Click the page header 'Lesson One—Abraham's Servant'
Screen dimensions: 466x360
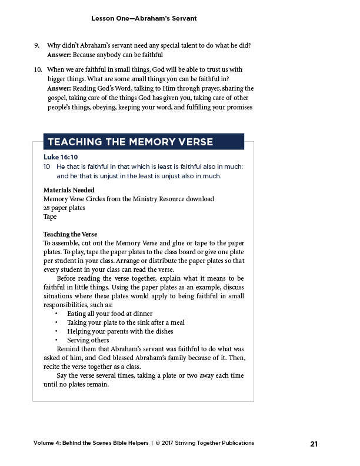click(144, 18)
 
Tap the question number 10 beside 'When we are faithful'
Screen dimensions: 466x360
click(38, 69)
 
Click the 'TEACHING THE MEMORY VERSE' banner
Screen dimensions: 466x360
click(130, 142)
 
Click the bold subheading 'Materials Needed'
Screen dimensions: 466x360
click(69, 190)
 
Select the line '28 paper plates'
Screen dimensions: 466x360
click(64, 208)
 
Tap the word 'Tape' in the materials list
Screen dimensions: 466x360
click(50, 217)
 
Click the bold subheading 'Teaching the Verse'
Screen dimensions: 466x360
click(70, 234)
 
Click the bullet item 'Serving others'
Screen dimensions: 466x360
click(88, 340)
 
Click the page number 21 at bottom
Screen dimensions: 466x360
click(314, 444)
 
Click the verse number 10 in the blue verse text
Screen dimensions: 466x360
click(47, 167)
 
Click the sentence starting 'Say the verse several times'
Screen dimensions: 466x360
click(150, 375)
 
